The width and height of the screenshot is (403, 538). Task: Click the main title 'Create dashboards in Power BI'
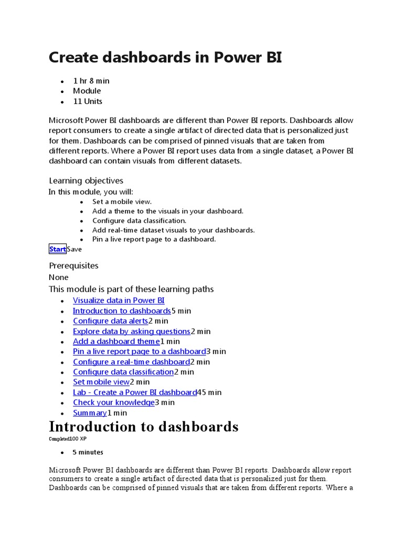coord(165,57)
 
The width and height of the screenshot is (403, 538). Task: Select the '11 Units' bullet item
coord(88,101)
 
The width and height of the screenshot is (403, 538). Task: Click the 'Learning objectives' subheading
coord(86,181)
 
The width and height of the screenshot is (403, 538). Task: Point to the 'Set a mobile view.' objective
coord(122,202)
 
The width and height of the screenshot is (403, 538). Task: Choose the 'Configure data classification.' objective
coord(139,221)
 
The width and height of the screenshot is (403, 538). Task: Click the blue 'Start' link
coord(58,249)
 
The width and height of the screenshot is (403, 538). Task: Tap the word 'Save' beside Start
coord(75,249)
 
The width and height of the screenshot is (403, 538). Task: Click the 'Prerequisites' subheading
coord(73,266)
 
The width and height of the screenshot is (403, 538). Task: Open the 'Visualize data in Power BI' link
coord(119,301)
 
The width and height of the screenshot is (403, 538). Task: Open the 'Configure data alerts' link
coord(110,321)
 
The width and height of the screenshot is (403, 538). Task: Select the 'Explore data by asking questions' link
coord(132,332)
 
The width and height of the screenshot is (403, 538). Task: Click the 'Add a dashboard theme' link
coord(116,342)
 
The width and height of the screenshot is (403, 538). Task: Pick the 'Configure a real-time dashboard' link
coord(131,362)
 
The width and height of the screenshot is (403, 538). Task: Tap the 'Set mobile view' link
coord(101,382)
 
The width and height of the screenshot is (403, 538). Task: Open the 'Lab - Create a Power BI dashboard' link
coord(135,392)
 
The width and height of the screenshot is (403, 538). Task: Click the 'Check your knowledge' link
coord(114,402)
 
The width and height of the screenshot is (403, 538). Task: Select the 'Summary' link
coord(90,413)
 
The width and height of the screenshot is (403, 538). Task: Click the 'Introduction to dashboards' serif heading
coord(143,427)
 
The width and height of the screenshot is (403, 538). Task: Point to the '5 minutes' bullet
coord(88,452)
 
